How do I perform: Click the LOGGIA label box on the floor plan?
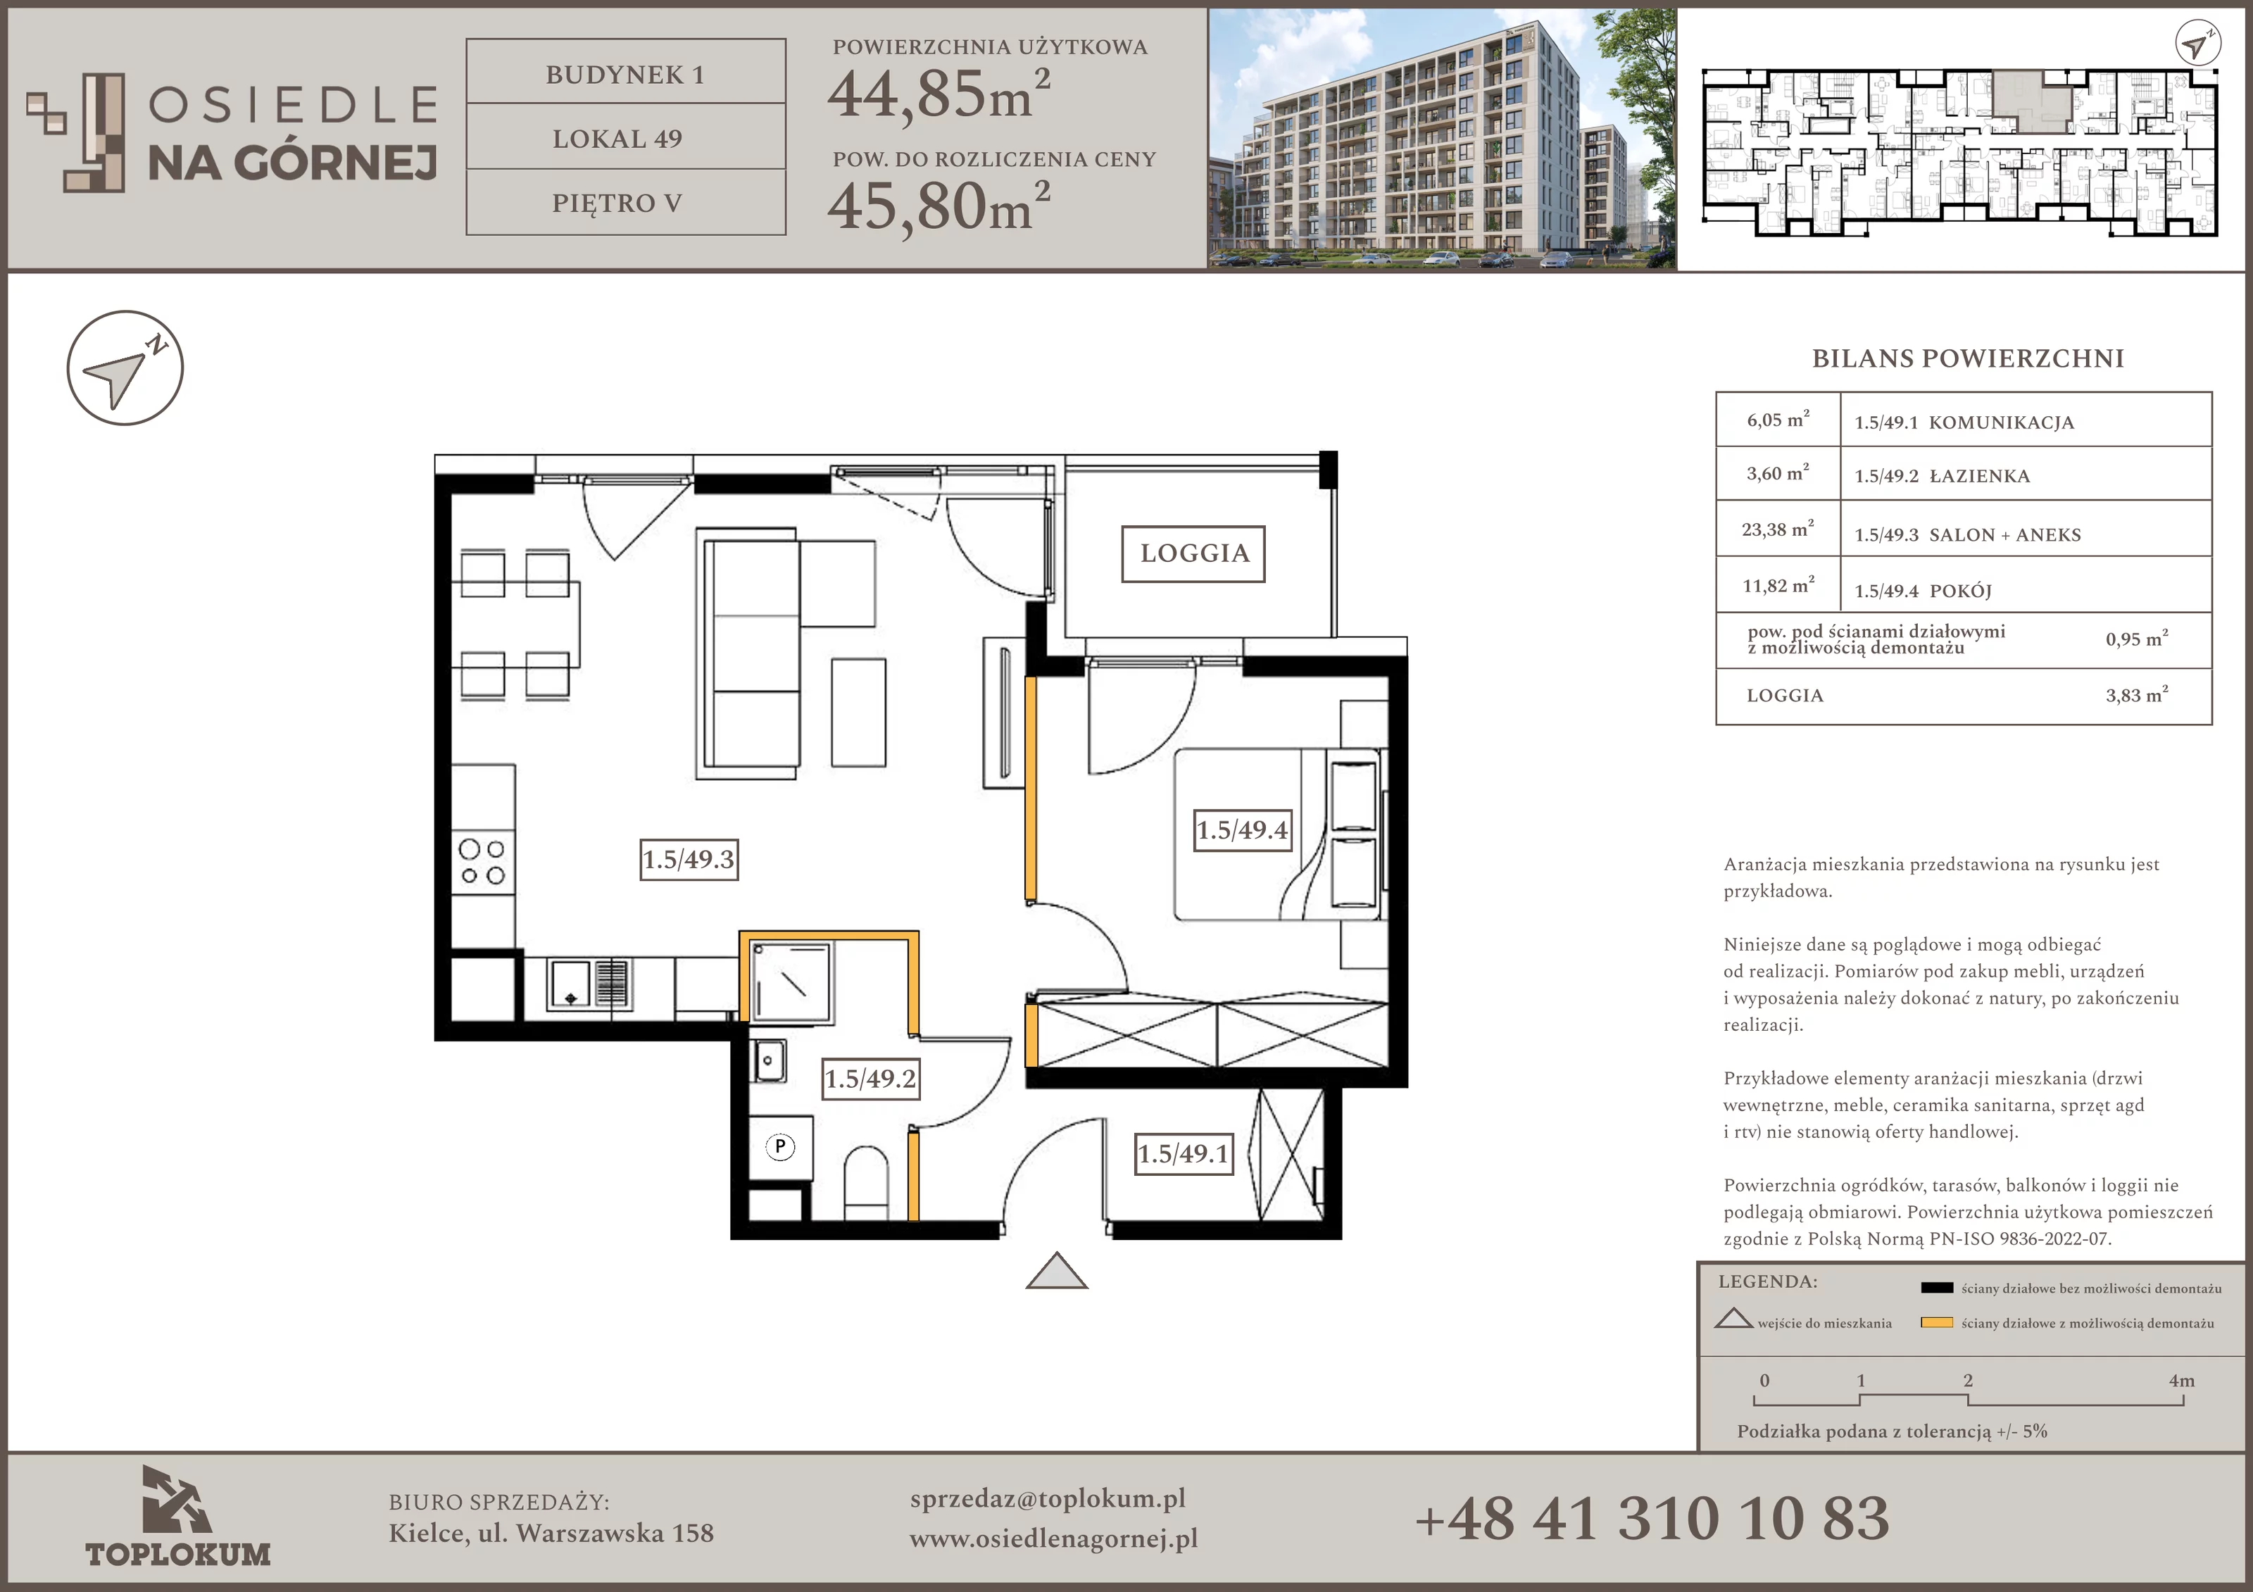point(1193,553)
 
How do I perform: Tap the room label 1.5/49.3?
point(689,860)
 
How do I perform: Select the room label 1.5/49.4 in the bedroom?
point(1242,830)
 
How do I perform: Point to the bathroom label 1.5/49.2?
point(870,1079)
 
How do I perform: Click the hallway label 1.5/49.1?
point(1184,1153)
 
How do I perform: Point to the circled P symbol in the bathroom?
point(780,1146)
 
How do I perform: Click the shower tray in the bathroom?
point(791,982)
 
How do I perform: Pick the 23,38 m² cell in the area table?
point(1778,529)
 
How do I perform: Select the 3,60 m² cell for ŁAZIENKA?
point(1778,473)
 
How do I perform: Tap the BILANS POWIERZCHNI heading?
point(1967,358)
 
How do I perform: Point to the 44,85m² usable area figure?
point(939,95)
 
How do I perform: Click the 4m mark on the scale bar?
point(2181,1380)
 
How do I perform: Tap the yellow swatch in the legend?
point(1937,1323)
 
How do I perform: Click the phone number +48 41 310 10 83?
point(1652,1518)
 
